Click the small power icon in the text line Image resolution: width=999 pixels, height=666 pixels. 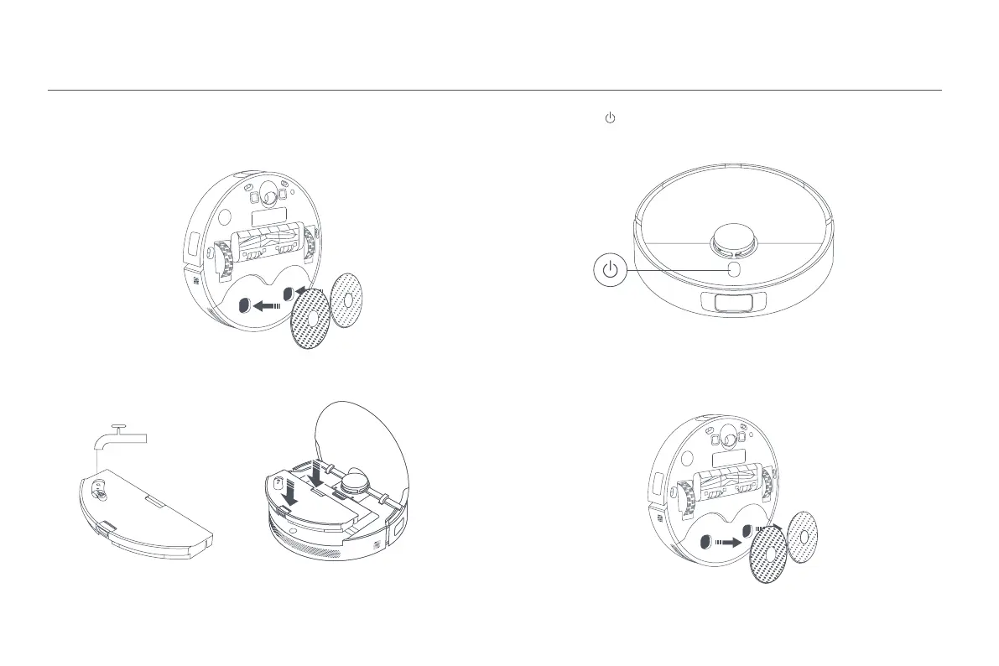tap(610, 120)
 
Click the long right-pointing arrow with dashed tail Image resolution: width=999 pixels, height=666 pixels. tap(727, 543)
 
